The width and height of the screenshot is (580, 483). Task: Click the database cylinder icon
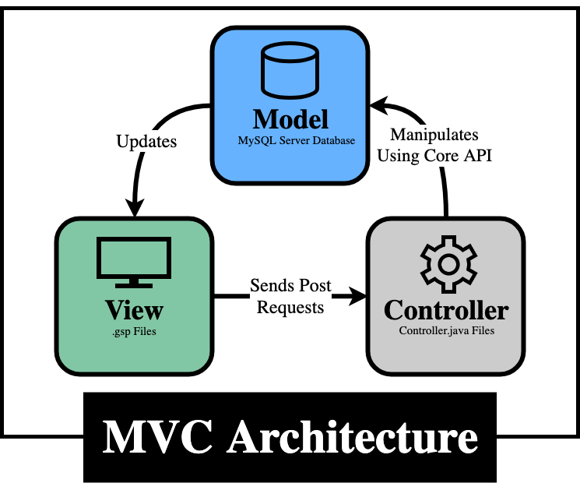pos(290,70)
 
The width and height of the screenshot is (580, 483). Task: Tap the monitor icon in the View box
pos(134,263)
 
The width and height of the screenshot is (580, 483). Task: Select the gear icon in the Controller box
pos(448,264)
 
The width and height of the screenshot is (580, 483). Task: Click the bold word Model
pos(290,119)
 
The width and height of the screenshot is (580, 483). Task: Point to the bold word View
pos(134,310)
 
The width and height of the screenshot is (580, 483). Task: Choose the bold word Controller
pos(446,310)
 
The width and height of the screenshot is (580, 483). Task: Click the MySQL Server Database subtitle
pos(297,141)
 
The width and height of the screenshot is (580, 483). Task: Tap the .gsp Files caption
pos(134,331)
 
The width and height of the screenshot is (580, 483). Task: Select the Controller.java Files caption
pos(446,330)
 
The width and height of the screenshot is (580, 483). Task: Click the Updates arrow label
pos(146,141)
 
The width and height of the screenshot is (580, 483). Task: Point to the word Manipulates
pos(434,134)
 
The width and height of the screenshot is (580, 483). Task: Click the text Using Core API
pos(434,156)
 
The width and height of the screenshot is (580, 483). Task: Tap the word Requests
pos(290,307)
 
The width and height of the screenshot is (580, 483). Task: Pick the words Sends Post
pos(290,285)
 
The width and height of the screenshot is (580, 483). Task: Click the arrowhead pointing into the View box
pos(135,208)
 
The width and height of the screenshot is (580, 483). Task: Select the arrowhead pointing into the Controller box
pos(357,296)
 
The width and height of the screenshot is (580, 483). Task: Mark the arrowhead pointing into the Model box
pos(379,104)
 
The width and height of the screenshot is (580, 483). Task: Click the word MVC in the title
pos(157,436)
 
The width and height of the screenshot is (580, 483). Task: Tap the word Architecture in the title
pos(352,436)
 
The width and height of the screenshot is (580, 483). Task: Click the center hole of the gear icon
pos(448,264)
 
